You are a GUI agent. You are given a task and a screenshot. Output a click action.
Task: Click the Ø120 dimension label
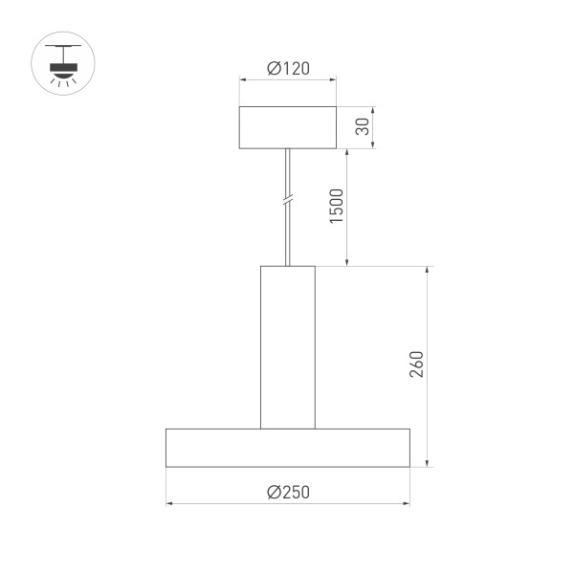[287, 69]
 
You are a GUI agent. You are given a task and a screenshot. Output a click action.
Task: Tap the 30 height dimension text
[362, 127]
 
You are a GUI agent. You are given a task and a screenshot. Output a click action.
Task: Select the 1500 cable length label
[336, 207]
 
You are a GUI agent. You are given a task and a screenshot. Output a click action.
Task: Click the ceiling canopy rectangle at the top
[287, 127]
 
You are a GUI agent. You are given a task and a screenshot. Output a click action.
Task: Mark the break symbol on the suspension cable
[287, 202]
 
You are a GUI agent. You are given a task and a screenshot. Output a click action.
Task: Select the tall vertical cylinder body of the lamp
[287, 346]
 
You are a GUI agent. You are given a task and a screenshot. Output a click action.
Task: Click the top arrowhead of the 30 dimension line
[372, 110]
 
